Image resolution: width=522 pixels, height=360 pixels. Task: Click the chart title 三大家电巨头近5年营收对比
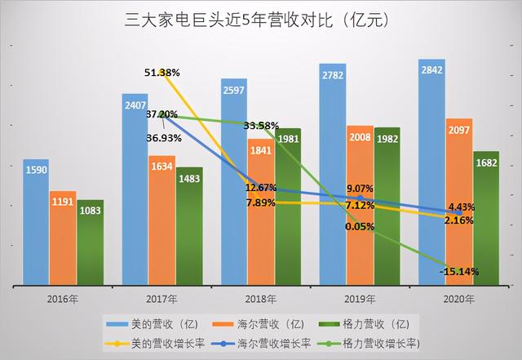pos(261,18)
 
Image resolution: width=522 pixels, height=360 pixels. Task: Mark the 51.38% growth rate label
pos(160,73)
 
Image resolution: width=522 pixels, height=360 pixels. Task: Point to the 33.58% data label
pos(261,126)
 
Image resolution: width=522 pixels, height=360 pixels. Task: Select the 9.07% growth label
pos(360,187)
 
